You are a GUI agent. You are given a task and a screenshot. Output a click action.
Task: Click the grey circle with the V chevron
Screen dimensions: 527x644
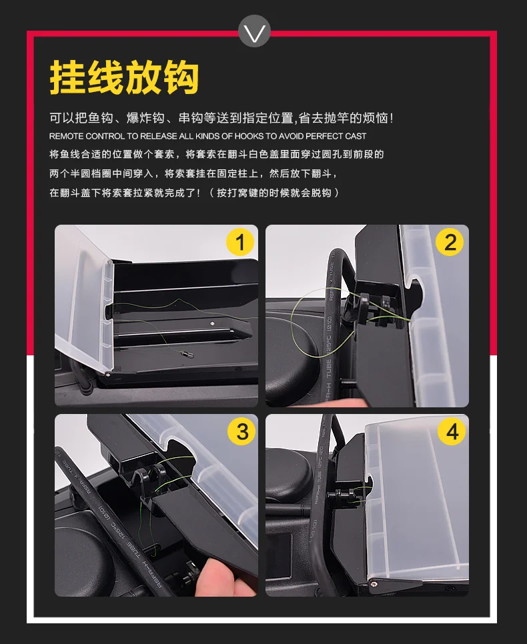tap(254, 31)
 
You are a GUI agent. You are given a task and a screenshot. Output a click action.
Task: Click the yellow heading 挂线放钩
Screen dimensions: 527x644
tap(124, 77)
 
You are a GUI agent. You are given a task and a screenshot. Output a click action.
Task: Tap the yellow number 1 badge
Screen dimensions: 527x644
tap(240, 242)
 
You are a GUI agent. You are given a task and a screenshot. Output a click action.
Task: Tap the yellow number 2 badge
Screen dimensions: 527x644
tap(450, 242)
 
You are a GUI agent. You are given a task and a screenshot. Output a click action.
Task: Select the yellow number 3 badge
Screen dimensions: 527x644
tap(241, 431)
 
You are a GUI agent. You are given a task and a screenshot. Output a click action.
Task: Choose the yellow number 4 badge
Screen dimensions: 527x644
tap(452, 431)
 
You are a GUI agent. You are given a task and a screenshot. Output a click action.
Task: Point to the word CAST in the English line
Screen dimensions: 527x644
tap(356, 137)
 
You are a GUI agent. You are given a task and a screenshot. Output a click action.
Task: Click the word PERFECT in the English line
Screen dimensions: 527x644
tap(324, 137)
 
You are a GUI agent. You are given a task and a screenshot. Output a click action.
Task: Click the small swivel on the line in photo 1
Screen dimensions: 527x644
tap(188, 353)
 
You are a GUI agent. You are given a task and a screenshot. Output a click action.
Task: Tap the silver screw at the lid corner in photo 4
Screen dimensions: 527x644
tap(374, 583)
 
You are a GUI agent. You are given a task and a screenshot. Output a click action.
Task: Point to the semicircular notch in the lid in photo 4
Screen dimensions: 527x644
tap(368, 483)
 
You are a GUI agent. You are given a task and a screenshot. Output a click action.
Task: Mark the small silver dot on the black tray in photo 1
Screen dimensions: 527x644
tap(212, 323)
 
